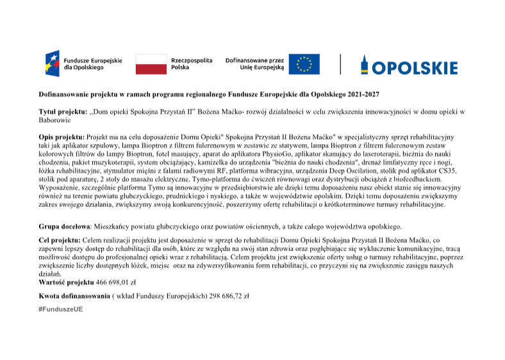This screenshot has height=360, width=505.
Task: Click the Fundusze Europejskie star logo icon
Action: click(52, 63)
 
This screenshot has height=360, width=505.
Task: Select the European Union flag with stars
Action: click(303, 64)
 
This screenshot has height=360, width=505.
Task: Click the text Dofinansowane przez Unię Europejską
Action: click(254, 63)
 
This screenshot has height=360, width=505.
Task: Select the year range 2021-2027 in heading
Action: click(364, 95)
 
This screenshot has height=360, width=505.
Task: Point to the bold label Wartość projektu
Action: click(66, 282)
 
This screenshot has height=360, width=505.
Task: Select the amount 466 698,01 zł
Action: click(116, 282)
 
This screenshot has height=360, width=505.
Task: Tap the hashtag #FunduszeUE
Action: click(60, 309)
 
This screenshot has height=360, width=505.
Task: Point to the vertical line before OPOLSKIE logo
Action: click(340, 63)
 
